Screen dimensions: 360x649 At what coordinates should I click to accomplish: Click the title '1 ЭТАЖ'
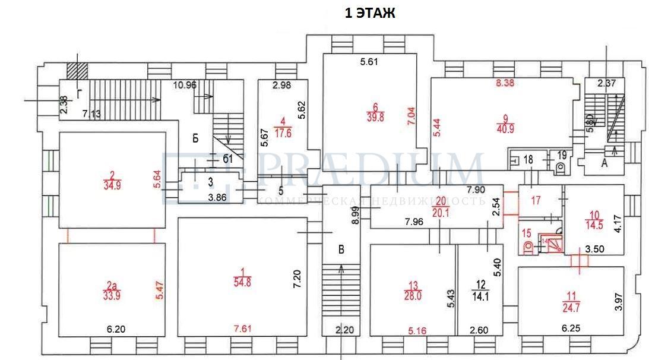(369, 13)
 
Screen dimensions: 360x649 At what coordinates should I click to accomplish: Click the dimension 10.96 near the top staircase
(185, 84)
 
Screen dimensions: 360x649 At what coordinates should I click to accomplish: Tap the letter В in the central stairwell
(341, 250)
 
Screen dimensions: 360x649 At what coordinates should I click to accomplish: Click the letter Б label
(195, 139)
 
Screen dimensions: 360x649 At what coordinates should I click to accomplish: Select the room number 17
(536, 201)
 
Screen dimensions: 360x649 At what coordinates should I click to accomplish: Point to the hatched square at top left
(77, 70)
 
